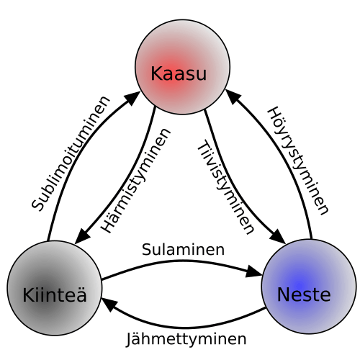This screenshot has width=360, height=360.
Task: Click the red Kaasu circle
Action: [183, 67]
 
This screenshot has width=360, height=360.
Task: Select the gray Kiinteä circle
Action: [55, 288]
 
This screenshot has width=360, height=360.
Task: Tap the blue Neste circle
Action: [309, 287]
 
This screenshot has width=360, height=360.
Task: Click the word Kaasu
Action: [179, 73]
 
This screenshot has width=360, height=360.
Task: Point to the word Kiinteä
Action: [55, 294]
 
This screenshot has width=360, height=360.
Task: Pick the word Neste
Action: [304, 294]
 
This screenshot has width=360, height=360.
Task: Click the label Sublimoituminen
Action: [71, 153]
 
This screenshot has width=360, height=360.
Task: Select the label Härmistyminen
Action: [135, 181]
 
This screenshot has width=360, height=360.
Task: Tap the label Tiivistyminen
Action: [225, 187]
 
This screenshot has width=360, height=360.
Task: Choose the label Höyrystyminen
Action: [297, 161]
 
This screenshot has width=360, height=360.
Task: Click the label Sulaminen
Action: [183, 250]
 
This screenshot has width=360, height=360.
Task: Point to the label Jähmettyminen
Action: [186, 339]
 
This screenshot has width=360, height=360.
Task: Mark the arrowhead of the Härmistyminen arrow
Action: [81, 237]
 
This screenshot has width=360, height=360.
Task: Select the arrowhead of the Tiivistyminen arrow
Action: [278, 237]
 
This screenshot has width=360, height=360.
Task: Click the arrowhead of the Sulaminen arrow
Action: [254, 273]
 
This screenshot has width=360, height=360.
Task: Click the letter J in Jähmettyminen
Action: [130, 340]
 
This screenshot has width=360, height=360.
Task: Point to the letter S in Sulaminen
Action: [147, 250]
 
